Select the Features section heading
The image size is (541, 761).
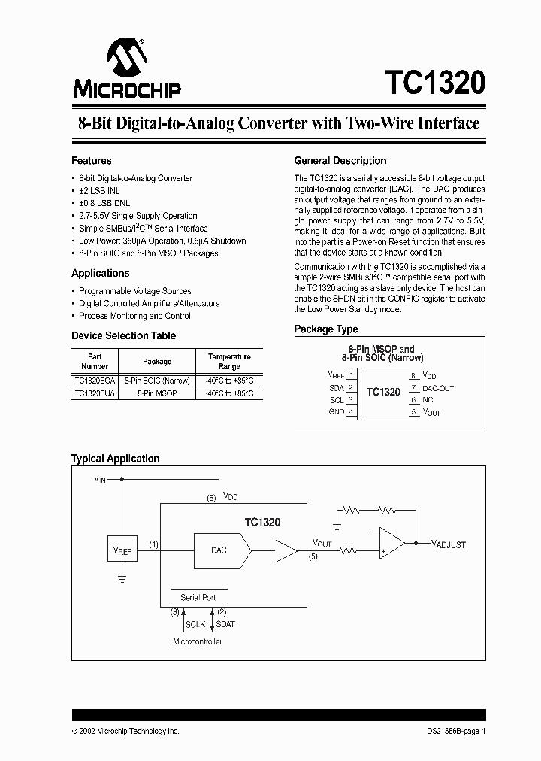tap(91, 161)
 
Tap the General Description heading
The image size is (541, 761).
tap(340, 161)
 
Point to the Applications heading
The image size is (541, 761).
tap(100, 274)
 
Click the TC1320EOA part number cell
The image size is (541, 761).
tap(95, 381)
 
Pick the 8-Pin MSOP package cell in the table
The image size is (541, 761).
tap(157, 393)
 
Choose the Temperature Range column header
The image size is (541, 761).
tap(229, 362)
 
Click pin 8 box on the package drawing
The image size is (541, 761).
tap(413, 375)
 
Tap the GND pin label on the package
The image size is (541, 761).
tap(336, 412)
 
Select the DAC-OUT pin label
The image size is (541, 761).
tap(437, 388)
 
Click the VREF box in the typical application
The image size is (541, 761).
tap(122, 551)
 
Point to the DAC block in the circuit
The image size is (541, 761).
tap(219, 550)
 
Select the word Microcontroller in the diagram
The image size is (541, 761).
tap(198, 641)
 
